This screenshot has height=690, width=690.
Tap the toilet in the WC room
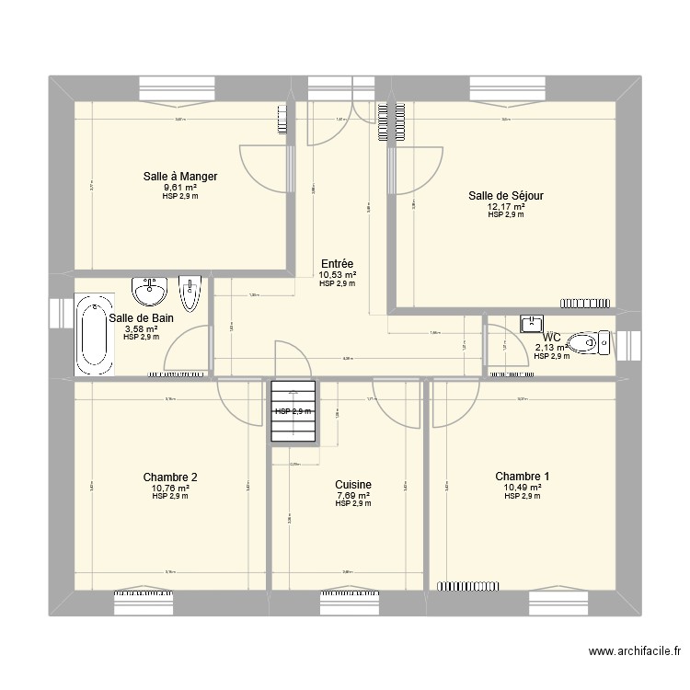589,345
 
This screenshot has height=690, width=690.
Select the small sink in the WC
533,323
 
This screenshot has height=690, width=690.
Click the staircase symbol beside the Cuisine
293,411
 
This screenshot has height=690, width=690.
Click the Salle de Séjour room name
506,195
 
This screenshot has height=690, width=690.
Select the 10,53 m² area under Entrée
338,274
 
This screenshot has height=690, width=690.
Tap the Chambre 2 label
170,477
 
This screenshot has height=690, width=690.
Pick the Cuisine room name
353,484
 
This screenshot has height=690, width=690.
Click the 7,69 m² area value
352,495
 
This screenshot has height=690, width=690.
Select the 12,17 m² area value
506,206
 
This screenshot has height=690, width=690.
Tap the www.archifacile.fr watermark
634,652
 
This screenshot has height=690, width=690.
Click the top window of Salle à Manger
178,88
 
